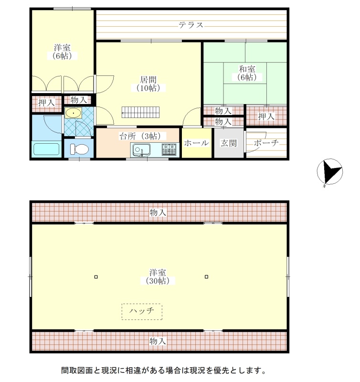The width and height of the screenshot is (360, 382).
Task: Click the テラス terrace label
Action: tap(191, 25)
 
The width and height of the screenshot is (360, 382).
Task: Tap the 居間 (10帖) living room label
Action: tap(148, 84)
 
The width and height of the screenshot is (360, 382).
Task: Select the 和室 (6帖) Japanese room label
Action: tap(247, 73)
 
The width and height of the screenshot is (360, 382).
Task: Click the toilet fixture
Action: tap(79, 149)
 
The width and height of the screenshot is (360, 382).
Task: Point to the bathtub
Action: tap(46, 149)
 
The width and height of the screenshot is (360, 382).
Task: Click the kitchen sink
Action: tap(141, 150)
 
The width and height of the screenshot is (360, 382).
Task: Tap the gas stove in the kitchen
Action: tap(169, 149)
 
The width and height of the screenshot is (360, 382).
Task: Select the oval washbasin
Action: tap(73, 113)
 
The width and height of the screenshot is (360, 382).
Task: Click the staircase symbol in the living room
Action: tap(140, 112)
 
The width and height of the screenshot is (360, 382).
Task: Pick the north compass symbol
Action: tap(329, 172)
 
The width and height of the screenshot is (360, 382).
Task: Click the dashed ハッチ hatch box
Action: tap(142, 312)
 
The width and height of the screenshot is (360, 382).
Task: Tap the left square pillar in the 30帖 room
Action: tap(96, 277)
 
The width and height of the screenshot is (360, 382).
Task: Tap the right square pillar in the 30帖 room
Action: tap(206, 276)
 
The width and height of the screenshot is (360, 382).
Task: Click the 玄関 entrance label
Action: tap(229, 143)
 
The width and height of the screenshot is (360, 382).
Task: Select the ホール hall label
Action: tap(196, 143)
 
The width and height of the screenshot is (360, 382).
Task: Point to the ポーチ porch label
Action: tap(266, 143)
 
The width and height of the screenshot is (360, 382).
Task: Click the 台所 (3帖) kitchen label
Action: tap(140, 136)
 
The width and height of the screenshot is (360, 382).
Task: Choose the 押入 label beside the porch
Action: tap(266, 117)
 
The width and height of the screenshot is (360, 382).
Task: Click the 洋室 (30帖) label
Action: tap(158, 277)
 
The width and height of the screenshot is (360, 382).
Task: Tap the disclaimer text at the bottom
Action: tap(164, 371)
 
